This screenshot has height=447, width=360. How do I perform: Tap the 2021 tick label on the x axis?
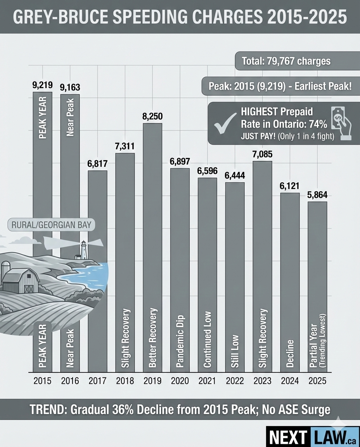coord(207,381)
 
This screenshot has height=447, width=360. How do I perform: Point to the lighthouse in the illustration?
coord(83,250)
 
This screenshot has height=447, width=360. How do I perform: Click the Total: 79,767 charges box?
coord(286,61)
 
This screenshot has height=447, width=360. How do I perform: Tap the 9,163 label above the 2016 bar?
coord(70,88)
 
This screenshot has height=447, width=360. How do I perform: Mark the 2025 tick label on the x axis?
coord(317,381)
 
